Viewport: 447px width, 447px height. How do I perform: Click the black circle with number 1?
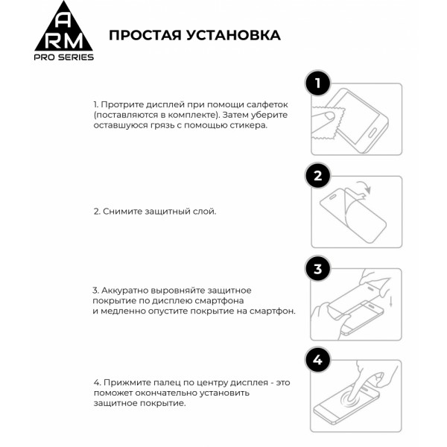pyautogui.click(x=318, y=83)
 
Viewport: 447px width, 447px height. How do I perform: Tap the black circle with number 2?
pyautogui.click(x=318, y=177)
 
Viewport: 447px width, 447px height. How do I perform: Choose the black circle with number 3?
pyautogui.click(x=318, y=269)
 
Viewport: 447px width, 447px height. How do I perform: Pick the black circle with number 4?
pyautogui.click(x=318, y=361)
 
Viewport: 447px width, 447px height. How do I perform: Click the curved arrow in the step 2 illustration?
pyautogui.click(x=363, y=188)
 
